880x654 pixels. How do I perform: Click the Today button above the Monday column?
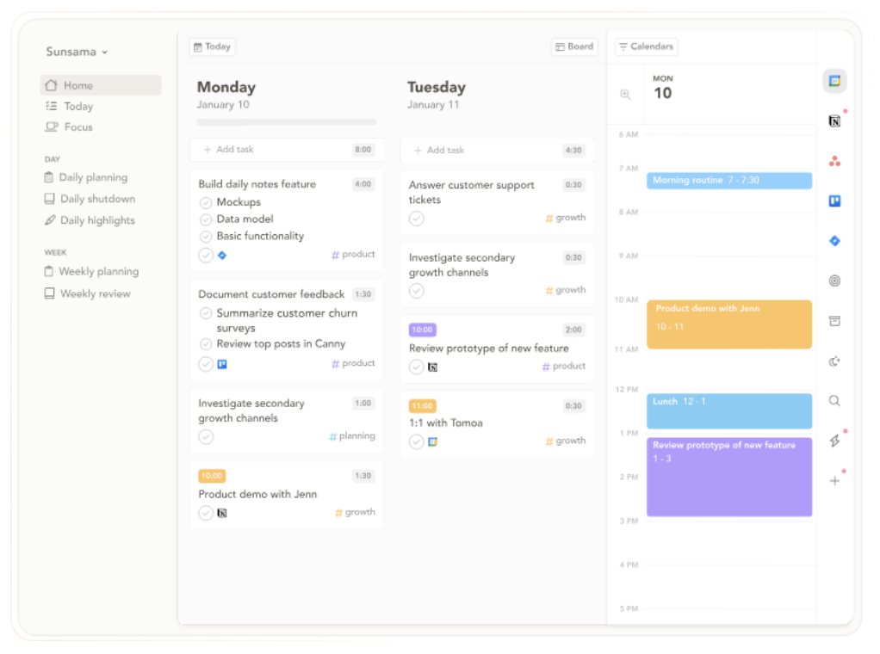212,47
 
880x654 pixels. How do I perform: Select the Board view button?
574,47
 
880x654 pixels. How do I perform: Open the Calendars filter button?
647,47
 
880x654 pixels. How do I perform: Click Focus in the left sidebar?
77,127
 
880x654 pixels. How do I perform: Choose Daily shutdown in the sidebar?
96,199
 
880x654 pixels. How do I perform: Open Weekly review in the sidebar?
95,293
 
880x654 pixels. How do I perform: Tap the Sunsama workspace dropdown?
77,52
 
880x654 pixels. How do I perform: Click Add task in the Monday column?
234,150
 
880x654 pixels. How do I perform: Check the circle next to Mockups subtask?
206,202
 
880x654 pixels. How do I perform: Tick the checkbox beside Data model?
206,219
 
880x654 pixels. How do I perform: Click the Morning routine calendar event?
728,181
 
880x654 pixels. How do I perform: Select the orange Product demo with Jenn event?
728,324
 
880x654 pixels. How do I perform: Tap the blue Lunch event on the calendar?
728,410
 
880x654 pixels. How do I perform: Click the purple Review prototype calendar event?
728,477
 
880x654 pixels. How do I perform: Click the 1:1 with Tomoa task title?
445,423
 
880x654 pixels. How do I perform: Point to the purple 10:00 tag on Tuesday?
422,330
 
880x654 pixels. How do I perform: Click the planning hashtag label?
356,436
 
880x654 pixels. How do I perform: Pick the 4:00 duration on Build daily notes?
363,184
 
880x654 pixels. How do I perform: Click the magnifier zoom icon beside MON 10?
626,95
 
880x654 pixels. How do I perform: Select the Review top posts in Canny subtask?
281,344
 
